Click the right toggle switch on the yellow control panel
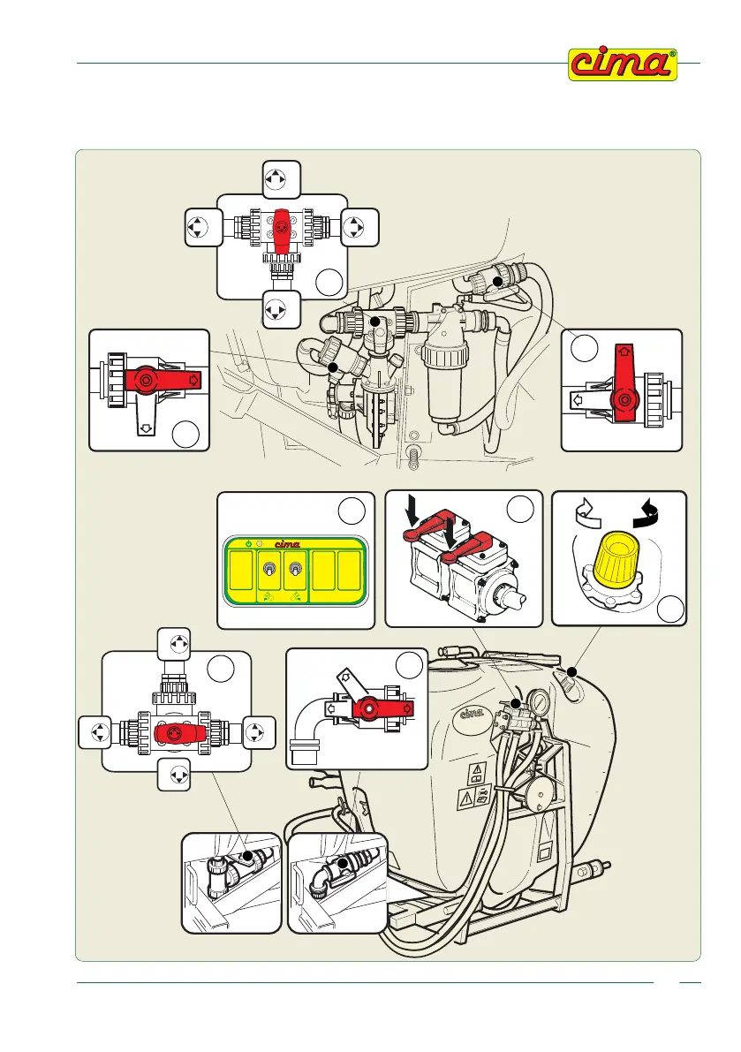click(297, 572)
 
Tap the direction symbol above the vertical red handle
click(276, 179)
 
